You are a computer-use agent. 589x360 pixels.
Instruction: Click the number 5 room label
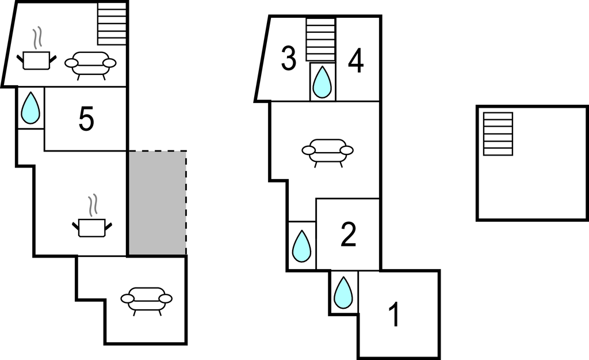[x=86, y=119]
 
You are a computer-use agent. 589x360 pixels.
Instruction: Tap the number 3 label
[x=289, y=58]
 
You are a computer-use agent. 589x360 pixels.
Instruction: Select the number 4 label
[x=355, y=62]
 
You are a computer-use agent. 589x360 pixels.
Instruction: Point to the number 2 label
[x=348, y=235]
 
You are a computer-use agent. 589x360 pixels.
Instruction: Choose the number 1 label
[x=393, y=315]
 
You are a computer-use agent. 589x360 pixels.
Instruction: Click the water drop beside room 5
[x=30, y=108]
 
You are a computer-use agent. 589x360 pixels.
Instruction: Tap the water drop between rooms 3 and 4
[x=322, y=82]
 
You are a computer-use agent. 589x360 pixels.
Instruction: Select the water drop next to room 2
[x=301, y=246]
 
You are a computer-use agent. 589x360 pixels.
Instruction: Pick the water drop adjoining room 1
[x=344, y=293]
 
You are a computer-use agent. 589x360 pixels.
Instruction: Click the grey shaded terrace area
[x=158, y=203]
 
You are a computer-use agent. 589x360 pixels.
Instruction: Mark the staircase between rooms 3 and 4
[x=320, y=39]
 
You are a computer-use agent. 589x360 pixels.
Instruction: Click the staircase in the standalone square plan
[x=498, y=134]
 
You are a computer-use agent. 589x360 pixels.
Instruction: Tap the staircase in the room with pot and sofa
[x=112, y=24]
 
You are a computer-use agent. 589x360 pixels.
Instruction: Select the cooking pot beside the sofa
[x=36, y=60]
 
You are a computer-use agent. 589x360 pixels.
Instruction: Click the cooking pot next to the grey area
[x=92, y=228]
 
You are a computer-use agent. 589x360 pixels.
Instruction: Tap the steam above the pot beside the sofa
[x=36, y=39]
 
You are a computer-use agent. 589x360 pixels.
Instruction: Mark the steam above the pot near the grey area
[x=93, y=206]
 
